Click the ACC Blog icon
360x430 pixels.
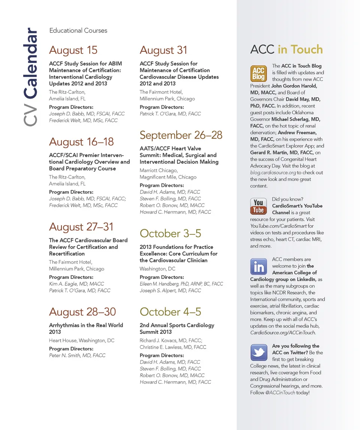coord(258,73)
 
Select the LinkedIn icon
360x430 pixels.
coord(258,267)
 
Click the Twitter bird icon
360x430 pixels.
coord(258,353)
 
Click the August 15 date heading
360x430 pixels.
coord(73,50)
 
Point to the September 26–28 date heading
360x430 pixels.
coord(181,135)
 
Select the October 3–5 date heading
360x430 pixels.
coord(170,234)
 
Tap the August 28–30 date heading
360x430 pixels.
coord(82,312)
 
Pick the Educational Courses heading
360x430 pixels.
coord(78,31)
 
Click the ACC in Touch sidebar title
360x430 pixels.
coord(286,50)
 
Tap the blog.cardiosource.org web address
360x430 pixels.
coord(273,173)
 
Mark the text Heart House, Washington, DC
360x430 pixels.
coord(82,341)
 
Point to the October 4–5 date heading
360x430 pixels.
coord(170,312)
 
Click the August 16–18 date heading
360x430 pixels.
coord(81,142)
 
